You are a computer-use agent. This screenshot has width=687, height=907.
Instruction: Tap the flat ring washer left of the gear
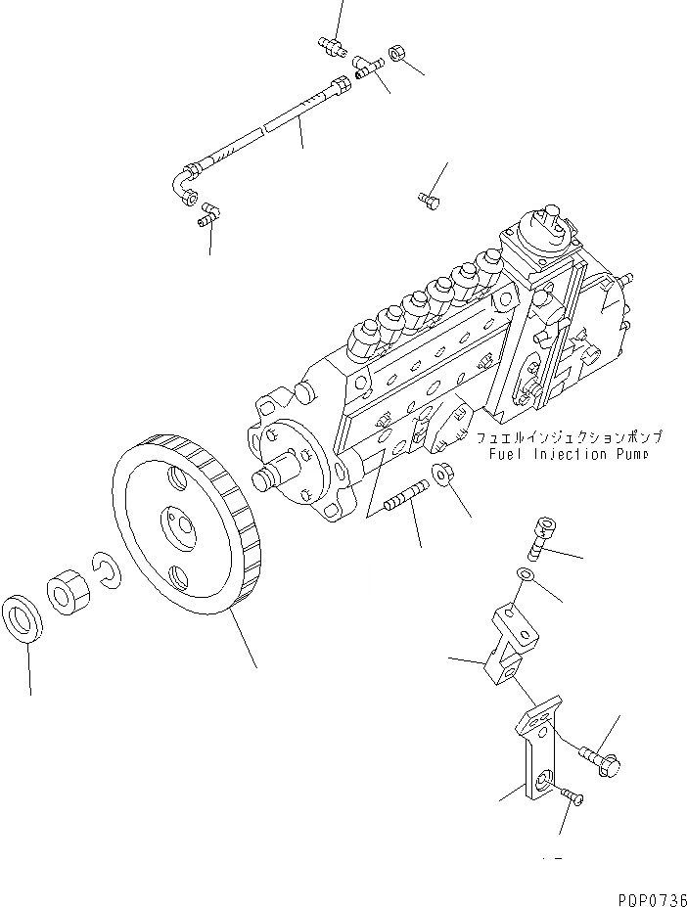point(25,616)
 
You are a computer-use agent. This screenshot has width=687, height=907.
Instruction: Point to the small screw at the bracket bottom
point(572,801)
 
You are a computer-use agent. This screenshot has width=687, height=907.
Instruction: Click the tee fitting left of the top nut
point(367,68)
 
